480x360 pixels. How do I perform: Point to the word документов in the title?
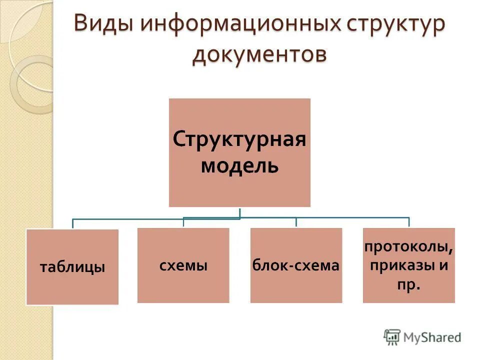[259, 54]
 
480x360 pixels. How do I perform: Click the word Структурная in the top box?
[239, 138]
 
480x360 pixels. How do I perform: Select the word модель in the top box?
[239, 164]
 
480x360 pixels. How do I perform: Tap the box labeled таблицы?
[72, 267]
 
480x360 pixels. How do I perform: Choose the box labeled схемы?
[183, 265]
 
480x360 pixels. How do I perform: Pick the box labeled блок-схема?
[296, 265]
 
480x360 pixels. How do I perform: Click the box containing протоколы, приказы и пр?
[409, 265]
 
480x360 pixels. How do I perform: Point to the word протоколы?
[409, 246]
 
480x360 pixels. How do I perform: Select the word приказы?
[403, 265]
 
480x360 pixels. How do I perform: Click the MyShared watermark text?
[432, 337]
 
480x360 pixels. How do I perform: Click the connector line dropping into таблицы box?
[73, 223]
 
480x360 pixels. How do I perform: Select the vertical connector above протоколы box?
[409, 222]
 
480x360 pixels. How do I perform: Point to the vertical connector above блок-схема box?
[296, 222]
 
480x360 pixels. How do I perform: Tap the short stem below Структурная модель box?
[240, 212]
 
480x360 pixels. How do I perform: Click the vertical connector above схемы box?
[183, 222]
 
